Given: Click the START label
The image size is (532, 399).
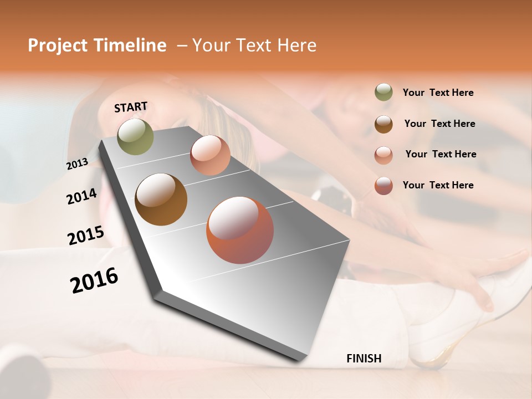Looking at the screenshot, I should pyautogui.click(x=131, y=107).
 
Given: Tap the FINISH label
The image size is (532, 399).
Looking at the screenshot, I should pyautogui.click(x=364, y=359).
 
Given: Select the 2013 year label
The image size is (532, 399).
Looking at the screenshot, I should pyautogui.click(x=77, y=164).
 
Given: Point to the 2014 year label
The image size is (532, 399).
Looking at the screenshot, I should pyautogui.click(x=81, y=196).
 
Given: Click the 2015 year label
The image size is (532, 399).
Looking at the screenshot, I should pyautogui.click(x=86, y=236).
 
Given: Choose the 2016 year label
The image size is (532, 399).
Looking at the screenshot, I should pyautogui.click(x=94, y=280).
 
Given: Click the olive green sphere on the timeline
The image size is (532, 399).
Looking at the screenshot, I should pyautogui.click(x=136, y=136).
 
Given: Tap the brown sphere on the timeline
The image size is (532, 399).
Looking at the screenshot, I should pyautogui.click(x=161, y=199).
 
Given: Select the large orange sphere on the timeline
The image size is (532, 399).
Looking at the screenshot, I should pyautogui.click(x=240, y=230).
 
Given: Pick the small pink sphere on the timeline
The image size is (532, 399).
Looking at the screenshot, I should pyautogui.click(x=210, y=155).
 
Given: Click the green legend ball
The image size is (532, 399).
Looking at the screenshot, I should pyautogui.click(x=383, y=92).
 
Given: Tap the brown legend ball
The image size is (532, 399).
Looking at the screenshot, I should pyautogui.click(x=383, y=124).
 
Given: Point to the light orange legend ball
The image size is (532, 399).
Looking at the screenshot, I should pyautogui.click(x=383, y=155).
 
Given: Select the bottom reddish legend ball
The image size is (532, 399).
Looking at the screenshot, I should pyautogui.click(x=383, y=186).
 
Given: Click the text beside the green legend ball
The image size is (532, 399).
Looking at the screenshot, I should pyautogui.click(x=438, y=93).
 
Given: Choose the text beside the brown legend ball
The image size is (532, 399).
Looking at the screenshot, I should pyautogui.click(x=439, y=124).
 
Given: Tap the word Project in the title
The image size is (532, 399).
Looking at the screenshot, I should pyautogui.click(x=58, y=45).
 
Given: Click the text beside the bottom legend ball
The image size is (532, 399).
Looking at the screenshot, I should pyautogui.click(x=438, y=185).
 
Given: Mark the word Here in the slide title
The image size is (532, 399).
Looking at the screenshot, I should pyautogui.click(x=296, y=45).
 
